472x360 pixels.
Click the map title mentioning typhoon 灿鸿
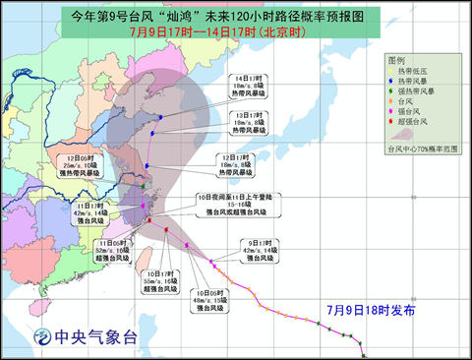coord(236,15)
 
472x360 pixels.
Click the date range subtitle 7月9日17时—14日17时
coord(236,30)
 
